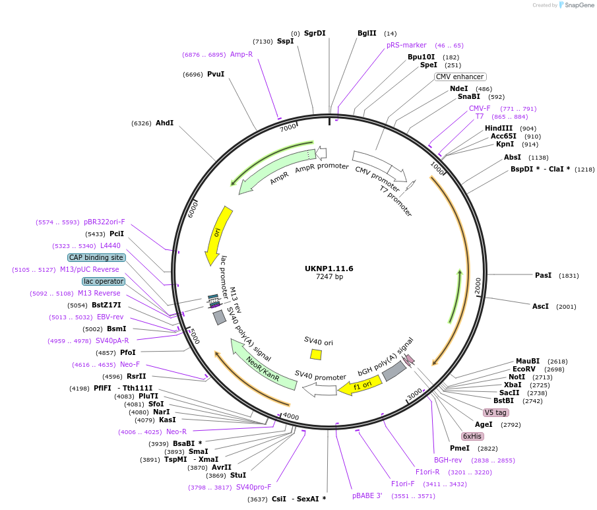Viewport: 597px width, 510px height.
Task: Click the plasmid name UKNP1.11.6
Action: (329, 269)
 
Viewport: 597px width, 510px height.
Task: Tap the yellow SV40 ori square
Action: (316, 354)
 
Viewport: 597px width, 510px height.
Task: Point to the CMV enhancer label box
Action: (460, 77)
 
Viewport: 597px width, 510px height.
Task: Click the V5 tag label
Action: (495, 412)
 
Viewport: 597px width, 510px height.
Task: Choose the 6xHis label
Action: (472, 436)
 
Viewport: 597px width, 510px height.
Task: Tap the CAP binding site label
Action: (96, 257)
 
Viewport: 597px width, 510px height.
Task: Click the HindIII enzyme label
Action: (499, 128)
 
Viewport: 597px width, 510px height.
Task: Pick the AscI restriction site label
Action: (540, 306)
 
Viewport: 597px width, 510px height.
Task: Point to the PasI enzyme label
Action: (543, 275)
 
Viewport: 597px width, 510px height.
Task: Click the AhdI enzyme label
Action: (164, 123)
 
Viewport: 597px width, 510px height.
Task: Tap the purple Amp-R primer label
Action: (241, 54)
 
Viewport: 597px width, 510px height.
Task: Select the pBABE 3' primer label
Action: (367, 495)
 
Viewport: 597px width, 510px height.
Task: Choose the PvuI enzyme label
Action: (216, 74)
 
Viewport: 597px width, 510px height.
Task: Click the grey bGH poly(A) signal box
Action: (394, 371)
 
